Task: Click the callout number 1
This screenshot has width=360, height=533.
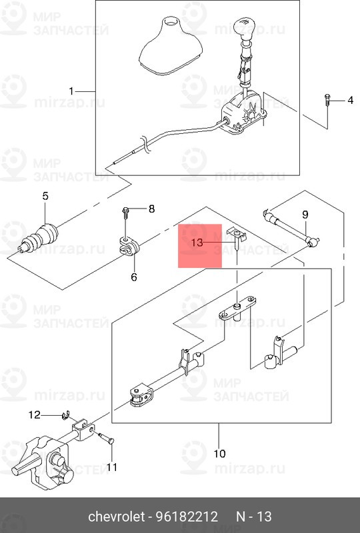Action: click(x=71, y=91)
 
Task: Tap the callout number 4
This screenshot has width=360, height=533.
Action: click(x=350, y=101)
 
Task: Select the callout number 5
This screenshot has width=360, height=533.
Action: click(x=45, y=196)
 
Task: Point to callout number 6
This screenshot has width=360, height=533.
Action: click(x=134, y=277)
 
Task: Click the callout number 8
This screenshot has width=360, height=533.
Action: click(x=152, y=209)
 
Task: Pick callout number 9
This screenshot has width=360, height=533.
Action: click(x=305, y=215)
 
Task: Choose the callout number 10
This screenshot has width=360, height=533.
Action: click(x=219, y=454)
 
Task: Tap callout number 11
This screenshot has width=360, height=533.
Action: click(x=111, y=468)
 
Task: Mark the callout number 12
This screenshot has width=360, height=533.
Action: click(x=34, y=414)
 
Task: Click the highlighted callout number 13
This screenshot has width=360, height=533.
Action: click(x=197, y=243)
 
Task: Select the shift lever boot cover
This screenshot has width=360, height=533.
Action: click(x=171, y=45)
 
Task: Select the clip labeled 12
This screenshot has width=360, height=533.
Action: click(x=66, y=415)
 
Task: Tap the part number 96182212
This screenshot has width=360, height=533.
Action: click(x=187, y=517)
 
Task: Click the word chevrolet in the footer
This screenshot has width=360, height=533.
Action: click(x=117, y=517)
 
